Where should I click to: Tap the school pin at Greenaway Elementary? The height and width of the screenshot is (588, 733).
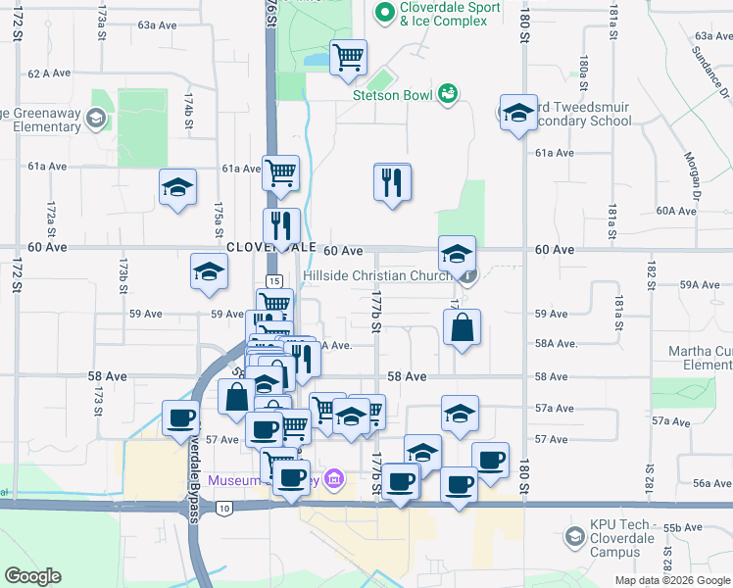(96, 120)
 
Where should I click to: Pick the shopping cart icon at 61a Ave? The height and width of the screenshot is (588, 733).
(280, 172)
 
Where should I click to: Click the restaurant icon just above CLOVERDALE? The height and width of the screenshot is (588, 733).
(281, 225)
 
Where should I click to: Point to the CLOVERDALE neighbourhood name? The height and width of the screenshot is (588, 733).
(270, 249)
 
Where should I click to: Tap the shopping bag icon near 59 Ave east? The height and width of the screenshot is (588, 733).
(462, 327)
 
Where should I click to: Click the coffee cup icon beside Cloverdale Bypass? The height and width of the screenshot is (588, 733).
(179, 416)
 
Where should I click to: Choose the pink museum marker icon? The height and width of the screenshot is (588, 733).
(334, 479)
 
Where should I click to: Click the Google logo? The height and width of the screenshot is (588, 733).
(32, 576)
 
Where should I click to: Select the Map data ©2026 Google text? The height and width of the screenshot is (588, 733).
(671, 580)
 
